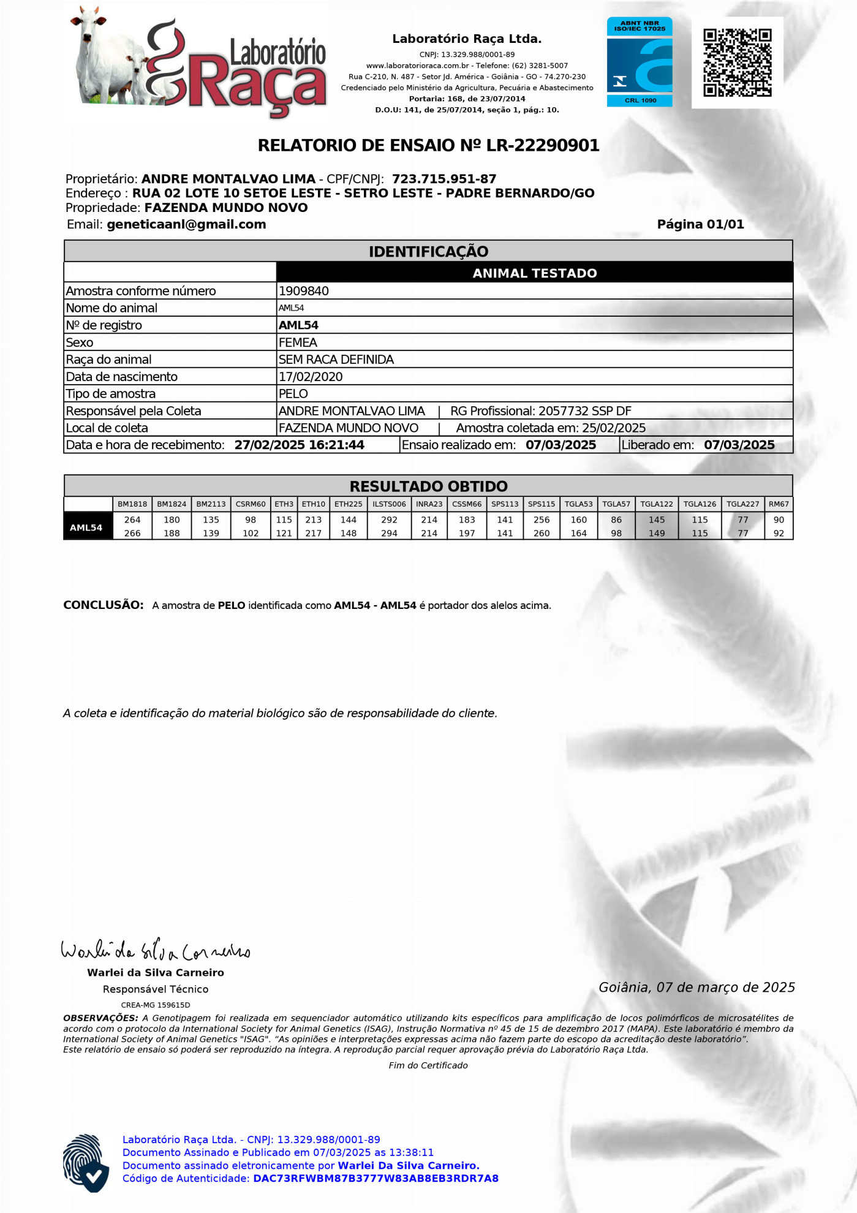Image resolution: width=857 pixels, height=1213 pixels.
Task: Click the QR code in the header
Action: click(x=737, y=62)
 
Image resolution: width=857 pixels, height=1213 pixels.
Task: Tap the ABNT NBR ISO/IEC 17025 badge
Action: click(x=640, y=62)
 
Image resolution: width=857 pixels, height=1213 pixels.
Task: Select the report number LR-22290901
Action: click(x=543, y=146)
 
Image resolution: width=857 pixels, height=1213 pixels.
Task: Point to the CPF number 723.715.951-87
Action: click(x=444, y=179)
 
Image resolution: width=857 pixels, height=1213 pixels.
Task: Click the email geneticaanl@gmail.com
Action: click(x=186, y=224)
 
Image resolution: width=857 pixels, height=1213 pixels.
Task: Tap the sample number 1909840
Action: click(x=304, y=291)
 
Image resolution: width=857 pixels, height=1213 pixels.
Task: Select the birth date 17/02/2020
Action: click(x=311, y=377)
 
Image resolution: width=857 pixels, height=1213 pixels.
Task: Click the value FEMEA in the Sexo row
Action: click(x=298, y=342)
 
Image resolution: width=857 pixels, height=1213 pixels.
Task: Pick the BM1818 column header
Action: click(x=132, y=504)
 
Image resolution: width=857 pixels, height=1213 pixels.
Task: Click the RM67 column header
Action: click(x=779, y=504)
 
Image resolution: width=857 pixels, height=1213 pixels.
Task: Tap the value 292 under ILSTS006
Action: click(x=389, y=520)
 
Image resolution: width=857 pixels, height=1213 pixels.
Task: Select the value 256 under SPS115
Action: click(x=542, y=520)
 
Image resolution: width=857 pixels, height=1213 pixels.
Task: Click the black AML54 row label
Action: click(x=86, y=527)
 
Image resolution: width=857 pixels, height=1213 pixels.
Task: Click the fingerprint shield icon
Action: click(x=86, y=1163)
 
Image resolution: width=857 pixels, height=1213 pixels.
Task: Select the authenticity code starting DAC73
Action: click(x=376, y=1178)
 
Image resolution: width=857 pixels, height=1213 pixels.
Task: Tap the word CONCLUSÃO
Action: click(x=104, y=605)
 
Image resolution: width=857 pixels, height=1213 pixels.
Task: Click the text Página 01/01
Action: click(x=700, y=224)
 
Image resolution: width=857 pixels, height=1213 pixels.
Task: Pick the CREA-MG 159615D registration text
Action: click(x=156, y=1005)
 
